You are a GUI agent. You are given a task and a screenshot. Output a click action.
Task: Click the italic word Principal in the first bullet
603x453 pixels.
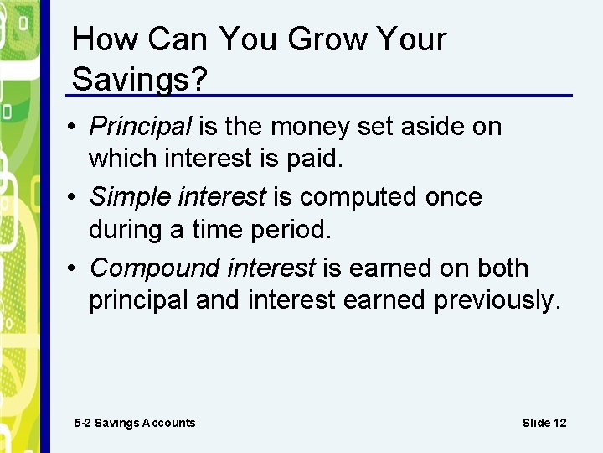coord(141,127)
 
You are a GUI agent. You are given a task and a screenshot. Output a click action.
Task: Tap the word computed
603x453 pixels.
coord(357,198)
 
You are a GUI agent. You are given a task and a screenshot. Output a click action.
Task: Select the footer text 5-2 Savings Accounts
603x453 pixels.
coord(135,423)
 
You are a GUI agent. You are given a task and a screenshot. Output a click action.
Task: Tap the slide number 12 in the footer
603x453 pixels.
coord(558,423)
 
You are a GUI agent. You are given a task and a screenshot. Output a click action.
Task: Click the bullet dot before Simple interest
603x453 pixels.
coord(76,198)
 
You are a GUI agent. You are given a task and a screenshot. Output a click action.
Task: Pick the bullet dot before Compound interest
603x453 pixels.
coord(76,268)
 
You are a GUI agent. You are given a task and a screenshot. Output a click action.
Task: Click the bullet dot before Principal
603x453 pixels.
coord(76,128)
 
